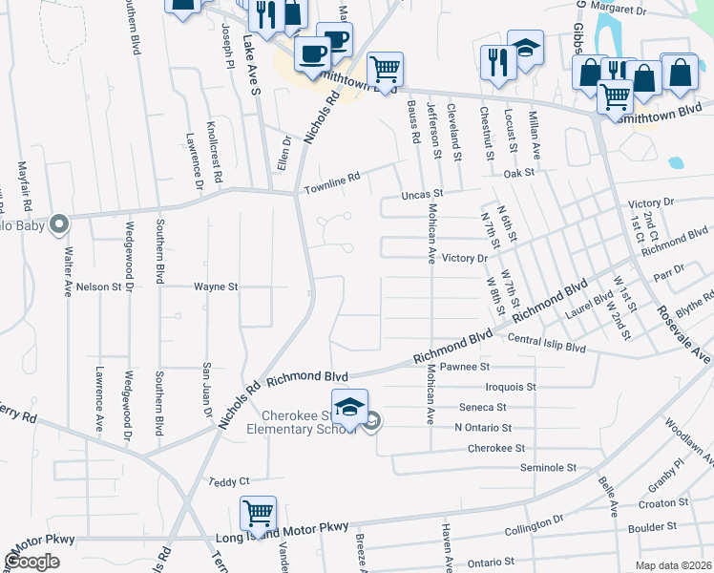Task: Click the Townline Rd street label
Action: pos(332,183)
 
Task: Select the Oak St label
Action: pos(519,174)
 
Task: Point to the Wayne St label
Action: pos(215,286)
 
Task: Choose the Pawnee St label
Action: pos(468,366)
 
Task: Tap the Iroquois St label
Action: pos(511,387)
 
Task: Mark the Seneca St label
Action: pos(482,407)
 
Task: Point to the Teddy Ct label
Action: pos(228,481)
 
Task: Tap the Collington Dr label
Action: pos(535,527)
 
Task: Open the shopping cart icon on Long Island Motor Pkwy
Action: pos(258,514)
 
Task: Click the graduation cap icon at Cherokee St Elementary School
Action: pos(349,408)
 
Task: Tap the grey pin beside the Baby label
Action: pos(59,224)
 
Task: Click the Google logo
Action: pos(32,562)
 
